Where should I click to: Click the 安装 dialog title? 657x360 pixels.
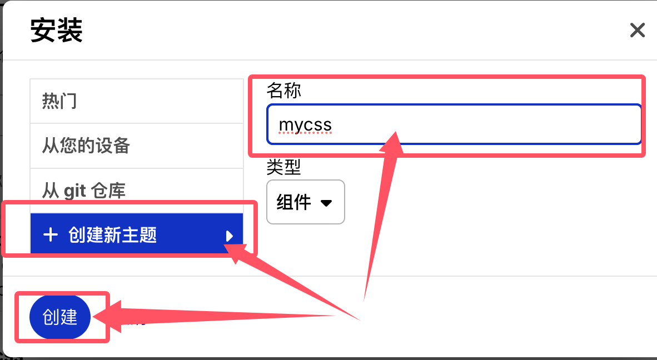(x=56, y=31)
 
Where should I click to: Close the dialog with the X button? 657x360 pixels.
(x=637, y=30)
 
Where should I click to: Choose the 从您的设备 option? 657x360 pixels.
(x=86, y=146)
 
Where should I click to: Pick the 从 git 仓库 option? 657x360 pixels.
(x=84, y=191)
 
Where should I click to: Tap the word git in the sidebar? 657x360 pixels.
(x=74, y=191)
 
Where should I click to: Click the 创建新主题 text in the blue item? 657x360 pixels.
(x=113, y=235)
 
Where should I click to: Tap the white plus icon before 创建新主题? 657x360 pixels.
(x=51, y=235)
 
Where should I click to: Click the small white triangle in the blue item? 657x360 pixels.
(x=229, y=236)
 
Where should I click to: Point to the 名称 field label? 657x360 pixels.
(x=283, y=91)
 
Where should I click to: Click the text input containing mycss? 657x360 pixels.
(x=453, y=124)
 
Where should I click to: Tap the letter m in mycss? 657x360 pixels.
(x=286, y=126)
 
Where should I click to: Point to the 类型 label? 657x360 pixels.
(x=283, y=167)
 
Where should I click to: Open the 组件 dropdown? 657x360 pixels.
(x=305, y=202)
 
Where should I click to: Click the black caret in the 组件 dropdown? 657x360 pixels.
(x=327, y=203)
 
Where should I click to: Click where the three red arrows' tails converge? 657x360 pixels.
(x=359, y=314)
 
